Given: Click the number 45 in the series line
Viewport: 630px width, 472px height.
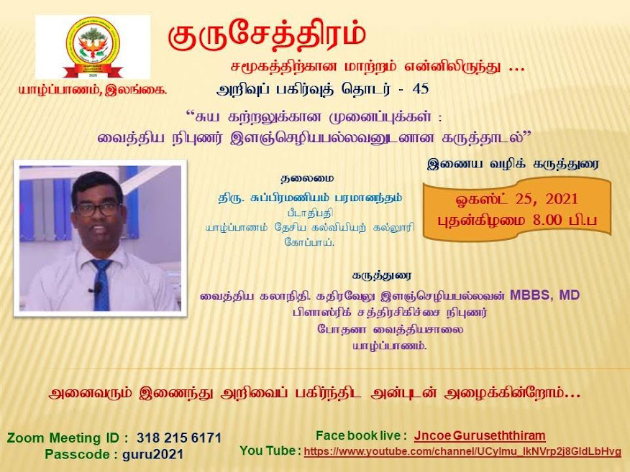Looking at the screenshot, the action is click(x=421, y=88).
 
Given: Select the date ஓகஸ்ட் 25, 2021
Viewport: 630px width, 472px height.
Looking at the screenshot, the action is click(x=516, y=200).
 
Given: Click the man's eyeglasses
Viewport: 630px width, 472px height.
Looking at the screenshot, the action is click(x=97, y=209).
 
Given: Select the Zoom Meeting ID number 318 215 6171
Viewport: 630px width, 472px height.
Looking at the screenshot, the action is click(x=179, y=438).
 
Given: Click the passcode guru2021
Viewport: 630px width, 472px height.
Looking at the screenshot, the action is click(x=152, y=454).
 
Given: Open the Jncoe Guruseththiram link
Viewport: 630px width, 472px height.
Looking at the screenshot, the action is click(x=480, y=436).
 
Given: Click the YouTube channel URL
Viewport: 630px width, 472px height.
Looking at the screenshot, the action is click(x=462, y=452).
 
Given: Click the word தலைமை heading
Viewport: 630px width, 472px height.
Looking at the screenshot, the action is click(x=307, y=179).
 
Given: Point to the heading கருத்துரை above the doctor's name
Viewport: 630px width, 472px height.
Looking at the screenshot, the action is click(x=381, y=276).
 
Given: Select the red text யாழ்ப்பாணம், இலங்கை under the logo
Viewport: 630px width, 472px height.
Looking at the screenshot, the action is click(x=92, y=91).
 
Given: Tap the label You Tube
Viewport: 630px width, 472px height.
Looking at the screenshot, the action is click(x=268, y=450).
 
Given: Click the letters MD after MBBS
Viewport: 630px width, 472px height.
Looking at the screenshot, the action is click(x=570, y=295).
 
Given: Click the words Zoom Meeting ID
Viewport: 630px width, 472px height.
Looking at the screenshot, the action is click(x=63, y=438).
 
